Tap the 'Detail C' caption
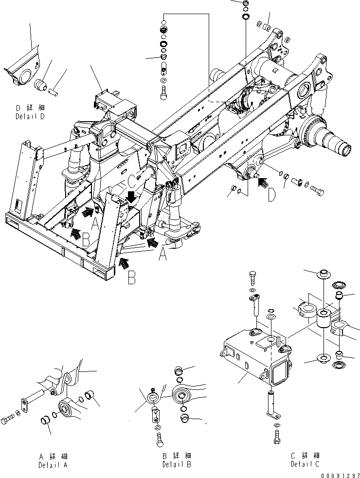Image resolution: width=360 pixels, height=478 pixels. [305, 465]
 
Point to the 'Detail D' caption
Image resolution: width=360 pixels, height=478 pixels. [30, 117]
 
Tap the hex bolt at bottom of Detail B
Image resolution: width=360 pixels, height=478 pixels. [160, 440]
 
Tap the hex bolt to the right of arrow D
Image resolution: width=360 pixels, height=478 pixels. [317, 190]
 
